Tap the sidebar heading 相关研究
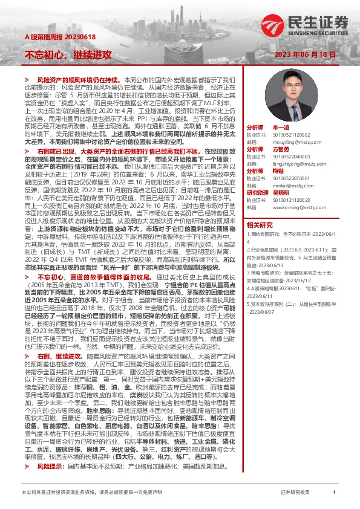tap(260, 224)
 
